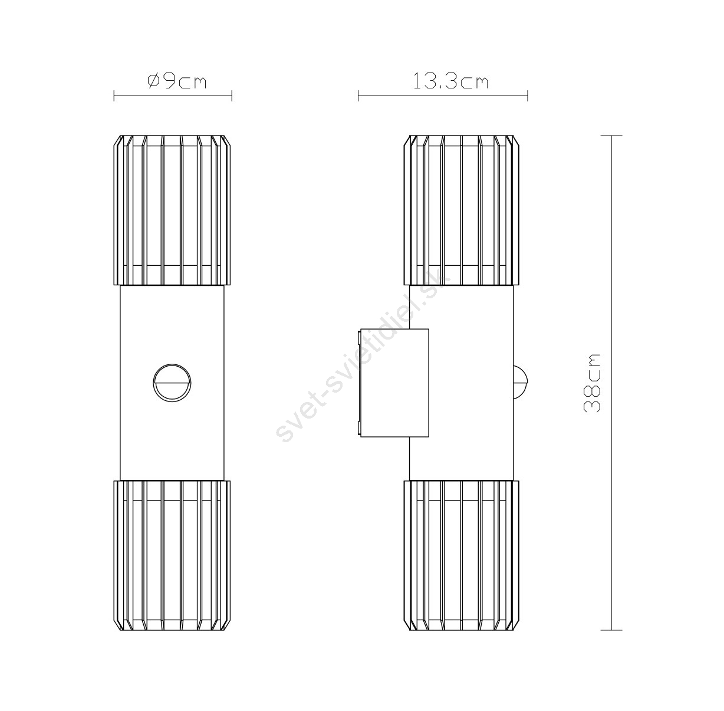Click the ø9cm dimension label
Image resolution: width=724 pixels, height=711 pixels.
pyautogui.click(x=177, y=81)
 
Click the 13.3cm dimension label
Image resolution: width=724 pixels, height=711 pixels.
pyautogui.click(x=450, y=81)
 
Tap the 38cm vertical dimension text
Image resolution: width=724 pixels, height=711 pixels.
pyautogui.click(x=592, y=383)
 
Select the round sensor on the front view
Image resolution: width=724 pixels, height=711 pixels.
pyautogui.click(x=172, y=383)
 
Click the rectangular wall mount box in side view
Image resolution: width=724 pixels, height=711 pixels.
pyautogui.click(x=394, y=383)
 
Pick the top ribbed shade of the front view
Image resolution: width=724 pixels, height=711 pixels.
pyautogui.click(x=172, y=210)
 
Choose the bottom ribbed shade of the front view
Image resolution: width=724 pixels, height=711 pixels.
pyautogui.click(x=172, y=555)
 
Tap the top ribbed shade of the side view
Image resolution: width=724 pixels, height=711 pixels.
pyautogui.click(x=462, y=210)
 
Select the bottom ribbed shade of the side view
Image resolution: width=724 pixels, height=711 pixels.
pyautogui.click(x=462, y=555)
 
